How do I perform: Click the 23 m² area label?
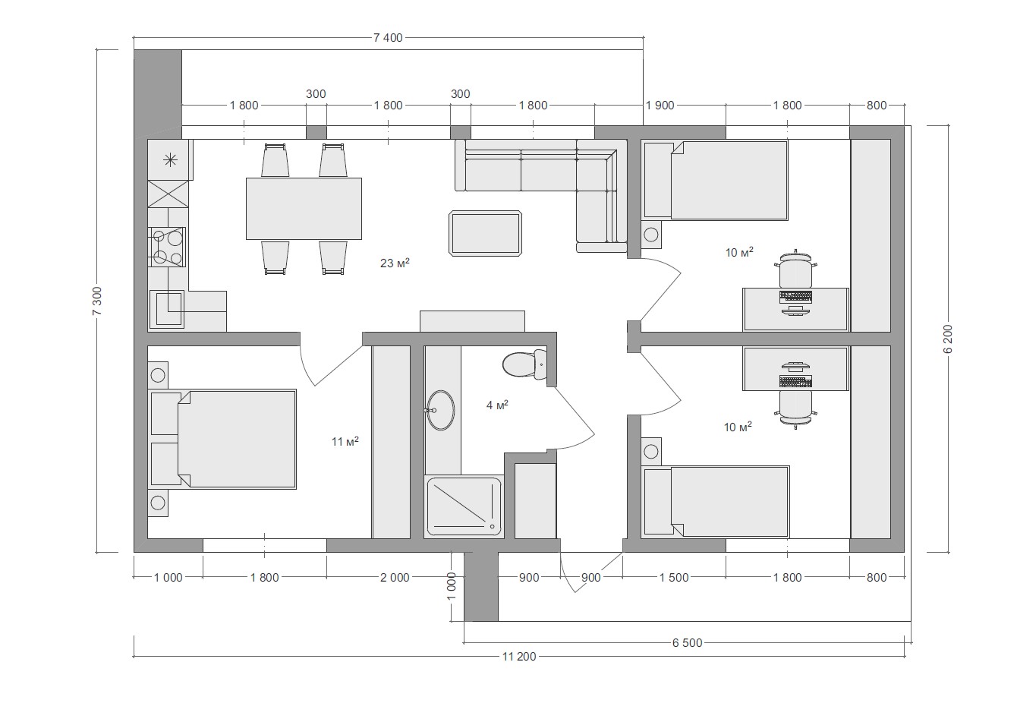click(395, 263)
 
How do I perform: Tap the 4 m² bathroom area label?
click(497, 405)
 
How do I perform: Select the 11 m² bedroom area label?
click(345, 441)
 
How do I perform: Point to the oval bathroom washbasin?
click(440, 410)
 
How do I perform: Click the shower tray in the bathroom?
click(463, 506)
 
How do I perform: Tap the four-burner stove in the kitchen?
click(167, 247)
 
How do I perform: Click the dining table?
click(304, 209)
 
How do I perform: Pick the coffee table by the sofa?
click(485, 233)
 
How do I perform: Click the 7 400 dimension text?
click(388, 38)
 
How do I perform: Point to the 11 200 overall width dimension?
click(519, 656)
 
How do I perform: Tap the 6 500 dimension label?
click(687, 642)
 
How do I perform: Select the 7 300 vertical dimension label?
click(97, 301)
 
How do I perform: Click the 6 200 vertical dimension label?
click(948, 339)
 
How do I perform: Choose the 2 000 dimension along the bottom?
click(395, 577)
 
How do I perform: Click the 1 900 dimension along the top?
click(660, 106)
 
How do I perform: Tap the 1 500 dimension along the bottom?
click(674, 577)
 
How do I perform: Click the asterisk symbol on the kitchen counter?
click(170, 159)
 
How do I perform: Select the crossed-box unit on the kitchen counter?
click(168, 194)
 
